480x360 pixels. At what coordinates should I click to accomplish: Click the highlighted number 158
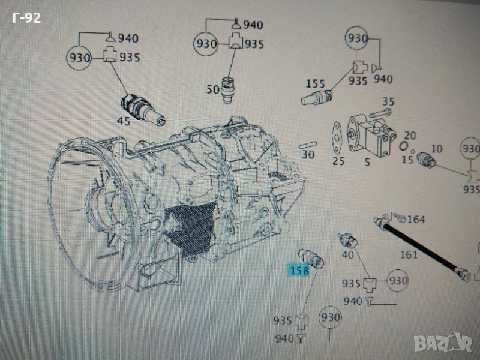click(x=299, y=271)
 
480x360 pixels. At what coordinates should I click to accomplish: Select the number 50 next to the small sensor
click(x=213, y=89)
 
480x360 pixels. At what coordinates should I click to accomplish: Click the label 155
click(x=316, y=83)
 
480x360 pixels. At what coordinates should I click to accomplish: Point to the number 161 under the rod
click(x=409, y=255)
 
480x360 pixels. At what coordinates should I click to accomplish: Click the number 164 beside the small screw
click(x=416, y=220)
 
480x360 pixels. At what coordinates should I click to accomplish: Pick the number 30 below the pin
click(x=308, y=154)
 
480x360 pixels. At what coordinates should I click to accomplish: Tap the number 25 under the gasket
click(x=338, y=161)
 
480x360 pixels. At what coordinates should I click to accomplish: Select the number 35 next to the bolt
click(x=388, y=102)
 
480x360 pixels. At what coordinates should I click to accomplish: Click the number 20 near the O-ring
click(x=410, y=136)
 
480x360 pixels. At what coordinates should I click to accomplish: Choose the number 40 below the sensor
click(x=347, y=254)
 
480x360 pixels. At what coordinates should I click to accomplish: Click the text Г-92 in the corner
click(x=26, y=18)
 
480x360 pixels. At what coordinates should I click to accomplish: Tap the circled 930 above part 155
click(x=356, y=39)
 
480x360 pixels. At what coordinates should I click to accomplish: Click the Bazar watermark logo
click(x=450, y=343)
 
